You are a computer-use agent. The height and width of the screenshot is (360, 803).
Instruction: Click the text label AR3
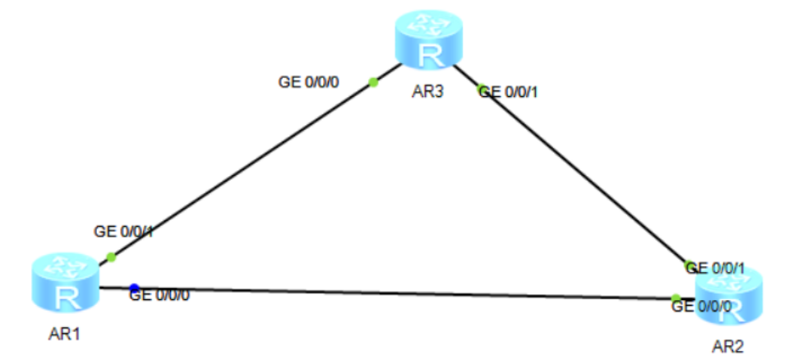pyautogui.click(x=427, y=90)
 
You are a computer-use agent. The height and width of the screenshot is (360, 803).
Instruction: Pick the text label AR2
pyautogui.click(x=729, y=347)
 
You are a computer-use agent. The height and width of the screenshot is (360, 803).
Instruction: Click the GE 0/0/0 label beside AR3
pyautogui.click(x=309, y=83)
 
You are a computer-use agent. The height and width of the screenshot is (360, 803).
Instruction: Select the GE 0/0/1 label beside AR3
pyautogui.click(x=509, y=91)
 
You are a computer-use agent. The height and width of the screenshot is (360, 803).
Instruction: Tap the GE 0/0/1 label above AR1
pyautogui.click(x=124, y=232)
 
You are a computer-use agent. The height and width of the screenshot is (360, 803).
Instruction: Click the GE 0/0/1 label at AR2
pyautogui.click(x=715, y=268)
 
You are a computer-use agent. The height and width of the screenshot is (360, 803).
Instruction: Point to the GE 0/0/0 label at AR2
pyautogui.click(x=702, y=307)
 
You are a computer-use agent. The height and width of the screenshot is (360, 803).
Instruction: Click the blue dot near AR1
pyautogui.click(x=134, y=288)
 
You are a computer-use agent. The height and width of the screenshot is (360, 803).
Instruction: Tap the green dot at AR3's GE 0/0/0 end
pyautogui.click(x=373, y=81)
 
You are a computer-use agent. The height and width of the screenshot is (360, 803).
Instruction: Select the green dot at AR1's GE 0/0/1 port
pyautogui.click(x=111, y=257)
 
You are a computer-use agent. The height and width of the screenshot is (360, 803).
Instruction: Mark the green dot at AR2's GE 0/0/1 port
pyautogui.click(x=689, y=265)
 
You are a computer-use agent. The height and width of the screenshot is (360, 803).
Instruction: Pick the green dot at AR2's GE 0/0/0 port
pyautogui.click(x=676, y=298)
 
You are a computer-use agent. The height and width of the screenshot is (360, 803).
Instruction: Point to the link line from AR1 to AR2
pyautogui.click(x=395, y=293)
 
